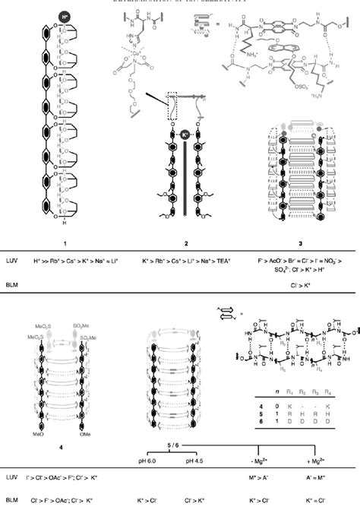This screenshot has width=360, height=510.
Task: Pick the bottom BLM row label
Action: click(x=14, y=502)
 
